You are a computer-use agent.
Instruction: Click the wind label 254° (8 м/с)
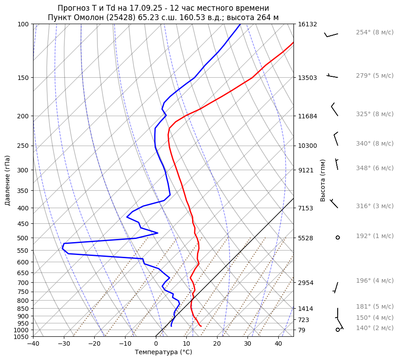[x=374, y=33]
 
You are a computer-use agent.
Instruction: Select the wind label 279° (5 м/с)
[x=374, y=76]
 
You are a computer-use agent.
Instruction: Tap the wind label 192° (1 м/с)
[x=374, y=236]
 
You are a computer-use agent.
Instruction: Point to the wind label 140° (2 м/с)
[x=374, y=328]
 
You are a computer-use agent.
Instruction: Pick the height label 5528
[x=306, y=238]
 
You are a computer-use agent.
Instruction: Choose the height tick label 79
[x=302, y=330]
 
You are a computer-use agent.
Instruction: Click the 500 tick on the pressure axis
[x=24, y=238]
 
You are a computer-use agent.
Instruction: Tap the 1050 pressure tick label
[x=22, y=337]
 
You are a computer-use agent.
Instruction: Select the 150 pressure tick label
[x=24, y=78]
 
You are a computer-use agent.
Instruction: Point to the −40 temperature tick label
[x=33, y=344]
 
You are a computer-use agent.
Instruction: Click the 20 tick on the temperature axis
[x=217, y=344]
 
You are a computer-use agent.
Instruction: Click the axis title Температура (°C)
[x=163, y=352]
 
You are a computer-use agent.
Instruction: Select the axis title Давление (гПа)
[x=8, y=180]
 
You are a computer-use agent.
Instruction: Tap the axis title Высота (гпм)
[x=323, y=180]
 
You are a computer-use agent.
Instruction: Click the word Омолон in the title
[x=89, y=17]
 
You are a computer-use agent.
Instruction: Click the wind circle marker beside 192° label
[x=338, y=238]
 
